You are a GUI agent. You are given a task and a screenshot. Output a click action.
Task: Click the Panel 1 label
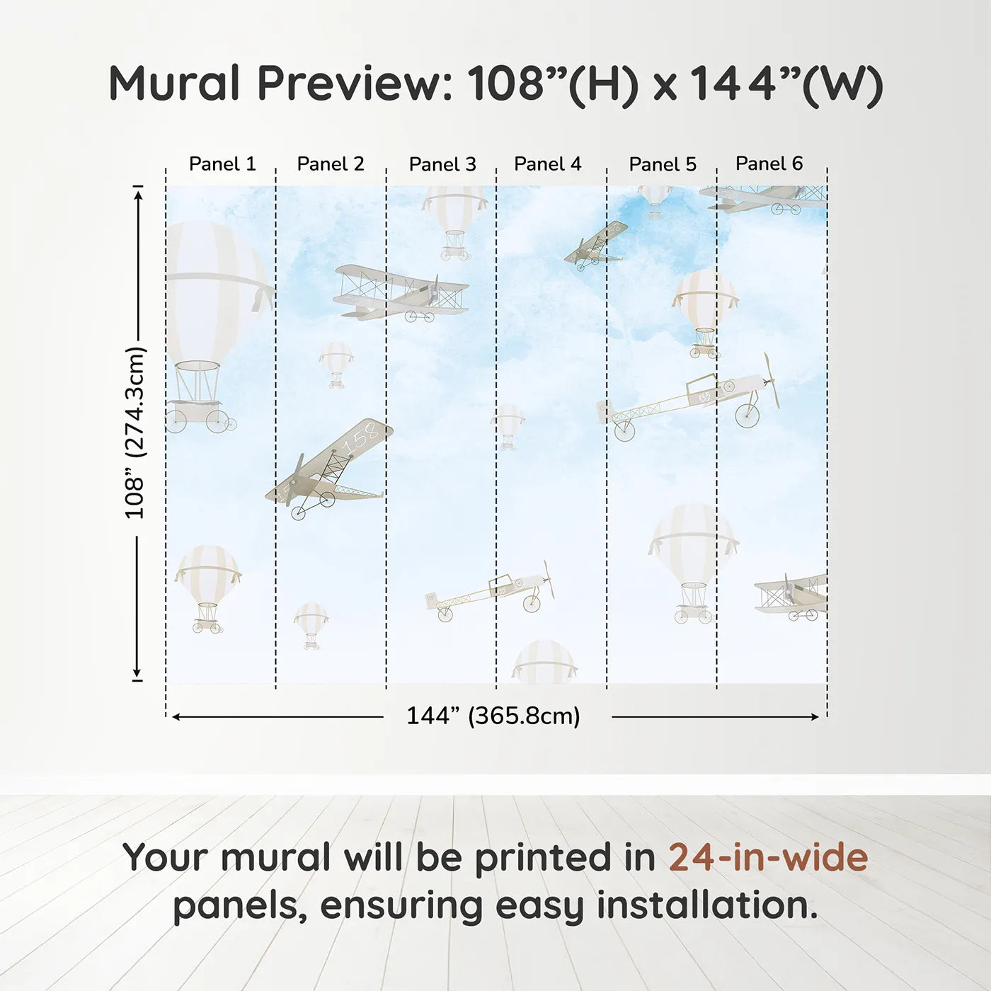coord(222,164)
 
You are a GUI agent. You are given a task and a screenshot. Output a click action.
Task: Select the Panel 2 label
coord(330,164)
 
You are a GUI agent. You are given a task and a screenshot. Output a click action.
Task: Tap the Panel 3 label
coord(442,165)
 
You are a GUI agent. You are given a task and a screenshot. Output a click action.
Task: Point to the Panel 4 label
coord(547,164)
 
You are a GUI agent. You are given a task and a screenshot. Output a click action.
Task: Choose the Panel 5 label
coord(663,165)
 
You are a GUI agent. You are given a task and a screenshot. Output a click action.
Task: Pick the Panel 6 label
coord(769,164)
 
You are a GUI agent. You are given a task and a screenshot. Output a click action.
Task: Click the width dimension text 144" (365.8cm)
coord(493,716)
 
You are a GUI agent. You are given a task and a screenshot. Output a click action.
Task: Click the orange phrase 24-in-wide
coord(768,858)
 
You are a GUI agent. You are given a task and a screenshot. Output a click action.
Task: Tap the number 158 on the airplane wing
coord(361,440)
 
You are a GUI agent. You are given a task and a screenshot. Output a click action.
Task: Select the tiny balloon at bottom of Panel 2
coord(311,624)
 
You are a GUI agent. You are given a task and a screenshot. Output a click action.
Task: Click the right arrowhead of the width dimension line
coord(815,717)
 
